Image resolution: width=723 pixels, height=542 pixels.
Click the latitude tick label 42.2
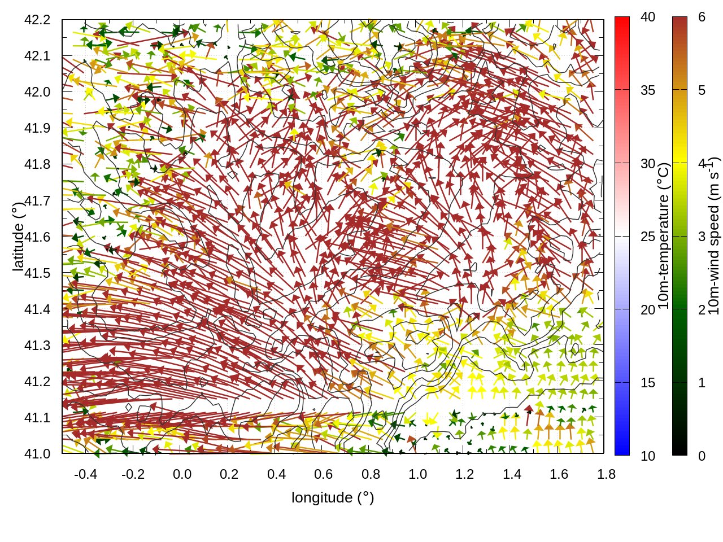pos(37,20)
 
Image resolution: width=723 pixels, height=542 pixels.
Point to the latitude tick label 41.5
pos(37,273)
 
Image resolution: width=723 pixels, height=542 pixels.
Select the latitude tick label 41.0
pos(37,454)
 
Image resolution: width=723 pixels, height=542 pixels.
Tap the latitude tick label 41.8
pos(37,164)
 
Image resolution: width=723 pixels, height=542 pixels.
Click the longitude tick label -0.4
pos(86,474)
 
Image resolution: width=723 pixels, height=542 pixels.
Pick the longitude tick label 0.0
pos(182,474)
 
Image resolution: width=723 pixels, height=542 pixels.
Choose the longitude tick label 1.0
pos(418,474)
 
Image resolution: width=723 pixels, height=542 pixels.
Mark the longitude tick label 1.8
pos(607,474)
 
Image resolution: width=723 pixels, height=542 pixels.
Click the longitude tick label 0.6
pos(324,474)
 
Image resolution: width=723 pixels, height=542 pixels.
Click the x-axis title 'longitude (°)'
pos(333,497)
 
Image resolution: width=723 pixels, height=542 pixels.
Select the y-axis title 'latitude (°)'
pos(19,237)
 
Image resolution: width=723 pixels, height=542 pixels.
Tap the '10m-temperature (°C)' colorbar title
pos(664,237)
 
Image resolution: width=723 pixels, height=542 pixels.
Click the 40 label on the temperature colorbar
pos(648,18)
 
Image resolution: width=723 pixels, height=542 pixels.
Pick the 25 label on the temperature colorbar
pos(648,237)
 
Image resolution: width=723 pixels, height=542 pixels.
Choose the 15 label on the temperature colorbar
pos(648,383)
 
